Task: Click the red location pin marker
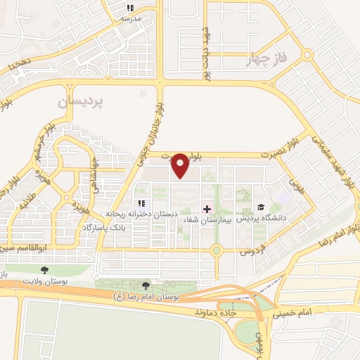181,165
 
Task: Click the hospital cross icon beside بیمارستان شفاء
207,209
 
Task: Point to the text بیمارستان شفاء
207,219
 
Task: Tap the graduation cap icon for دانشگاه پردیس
262,207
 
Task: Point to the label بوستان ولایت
45,280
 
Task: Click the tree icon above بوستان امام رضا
146,285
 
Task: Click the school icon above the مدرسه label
129,8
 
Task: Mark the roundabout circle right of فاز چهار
307,54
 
